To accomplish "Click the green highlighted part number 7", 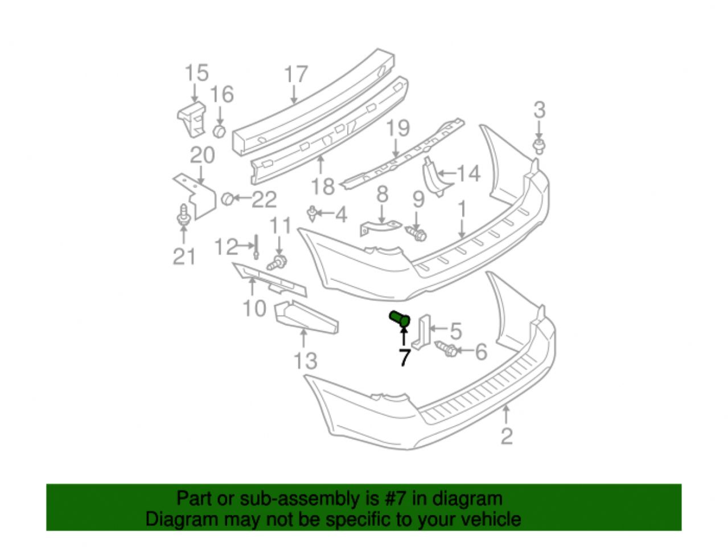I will (x=400, y=319).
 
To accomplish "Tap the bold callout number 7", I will (x=404, y=358).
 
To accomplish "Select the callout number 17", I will (x=296, y=75).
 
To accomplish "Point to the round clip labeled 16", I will (x=219, y=131).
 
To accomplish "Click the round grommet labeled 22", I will (x=227, y=198).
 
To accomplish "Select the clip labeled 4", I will (x=311, y=214).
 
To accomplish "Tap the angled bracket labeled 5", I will (x=422, y=332).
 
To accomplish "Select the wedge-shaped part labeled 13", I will (x=306, y=319).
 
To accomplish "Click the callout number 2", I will (x=506, y=436).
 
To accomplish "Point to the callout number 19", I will (x=398, y=128).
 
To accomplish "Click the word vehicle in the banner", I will (x=492, y=519).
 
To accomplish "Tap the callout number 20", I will (x=203, y=155).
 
